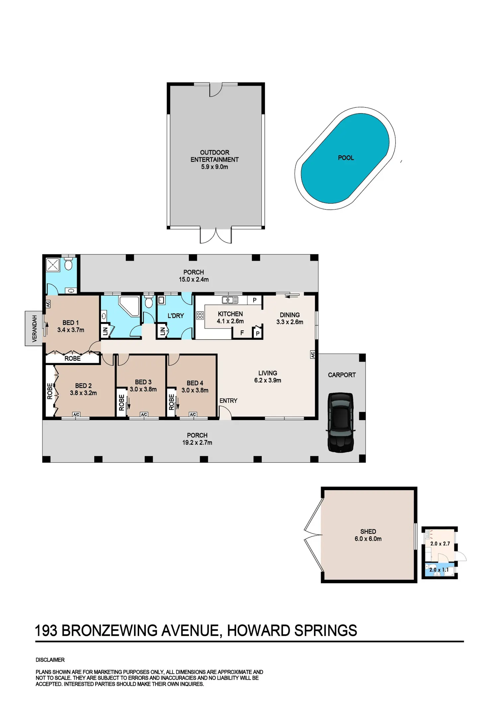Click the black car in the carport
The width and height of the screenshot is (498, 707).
pyautogui.click(x=341, y=422)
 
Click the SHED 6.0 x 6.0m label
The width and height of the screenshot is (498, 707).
pyautogui.click(x=368, y=535)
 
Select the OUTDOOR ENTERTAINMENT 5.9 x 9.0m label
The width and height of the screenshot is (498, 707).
pyautogui.click(x=214, y=159)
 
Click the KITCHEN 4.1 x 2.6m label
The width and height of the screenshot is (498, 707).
pyautogui.click(x=230, y=317)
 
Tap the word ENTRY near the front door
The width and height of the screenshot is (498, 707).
pyautogui.click(x=228, y=400)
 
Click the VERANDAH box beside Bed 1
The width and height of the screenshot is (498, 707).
pyautogui.click(x=34, y=328)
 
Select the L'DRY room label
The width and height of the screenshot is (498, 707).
pyautogui.click(x=176, y=315)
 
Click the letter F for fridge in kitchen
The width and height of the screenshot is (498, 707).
pyautogui.click(x=242, y=332)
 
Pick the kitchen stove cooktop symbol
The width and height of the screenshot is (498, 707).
pyautogui.click(x=200, y=315)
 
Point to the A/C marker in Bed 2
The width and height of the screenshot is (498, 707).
pyautogui.click(x=76, y=414)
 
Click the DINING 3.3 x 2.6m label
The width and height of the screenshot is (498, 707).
pyautogui.click(x=290, y=318)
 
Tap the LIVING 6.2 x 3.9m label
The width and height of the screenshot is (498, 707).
pyautogui.click(x=268, y=377)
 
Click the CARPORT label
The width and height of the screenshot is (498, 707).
pyautogui.click(x=342, y=375)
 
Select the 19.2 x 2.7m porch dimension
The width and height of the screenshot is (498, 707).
pyautogui.click(x=197, y=442)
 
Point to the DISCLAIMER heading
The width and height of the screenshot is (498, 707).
pyautogui.click(x=50, y=660)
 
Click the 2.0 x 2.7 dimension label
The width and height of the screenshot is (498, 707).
pyautogui.click(x=440, y=544)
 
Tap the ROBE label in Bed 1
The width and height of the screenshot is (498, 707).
pyautogui.click(x=72, y=358)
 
